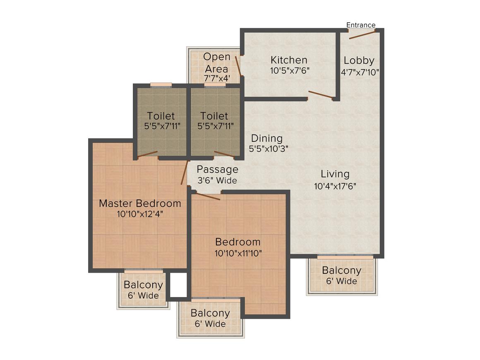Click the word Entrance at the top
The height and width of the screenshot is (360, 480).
(361, 25)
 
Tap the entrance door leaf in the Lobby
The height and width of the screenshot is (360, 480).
(362, 34)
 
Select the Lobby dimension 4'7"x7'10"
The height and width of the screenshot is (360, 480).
(360, 71)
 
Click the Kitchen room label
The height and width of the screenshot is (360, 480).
(289, 60)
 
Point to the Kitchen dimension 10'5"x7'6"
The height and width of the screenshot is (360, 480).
(290, 71)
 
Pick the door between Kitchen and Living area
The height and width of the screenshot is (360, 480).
(321, 95)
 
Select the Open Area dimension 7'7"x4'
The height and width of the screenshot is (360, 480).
(217, 78)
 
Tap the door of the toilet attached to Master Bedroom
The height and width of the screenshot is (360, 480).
(148, 155)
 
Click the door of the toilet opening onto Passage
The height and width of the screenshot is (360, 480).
(224, 155)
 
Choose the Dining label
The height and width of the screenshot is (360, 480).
(267, 138)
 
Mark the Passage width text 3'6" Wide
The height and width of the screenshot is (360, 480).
(217, 181)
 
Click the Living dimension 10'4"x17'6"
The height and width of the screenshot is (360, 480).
(335, 186)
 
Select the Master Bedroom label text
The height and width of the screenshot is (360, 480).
(140, 203)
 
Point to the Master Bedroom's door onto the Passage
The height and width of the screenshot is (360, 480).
(184, 173)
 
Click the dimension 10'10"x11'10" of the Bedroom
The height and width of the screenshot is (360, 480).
(238, 253)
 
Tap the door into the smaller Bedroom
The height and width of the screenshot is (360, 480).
(208, 196)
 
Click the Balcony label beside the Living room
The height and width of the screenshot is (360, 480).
(341, 271)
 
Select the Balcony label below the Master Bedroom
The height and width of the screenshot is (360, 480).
(143, 285)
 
